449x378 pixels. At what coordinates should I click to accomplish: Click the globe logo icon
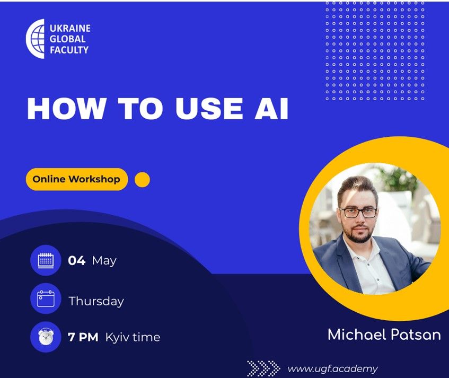coord(36,39)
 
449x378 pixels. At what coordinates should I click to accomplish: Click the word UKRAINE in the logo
coord(70,28)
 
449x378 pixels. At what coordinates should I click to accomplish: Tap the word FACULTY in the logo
coord(69,50)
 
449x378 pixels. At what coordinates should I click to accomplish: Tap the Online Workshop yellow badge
coord(77,179)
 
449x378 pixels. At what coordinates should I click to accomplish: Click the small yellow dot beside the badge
coord(142,180)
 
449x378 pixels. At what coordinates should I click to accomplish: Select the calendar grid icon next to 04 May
coord(46,260)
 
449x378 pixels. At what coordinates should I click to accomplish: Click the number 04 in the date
coord(77,261)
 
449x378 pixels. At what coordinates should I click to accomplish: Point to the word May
coord(104,261)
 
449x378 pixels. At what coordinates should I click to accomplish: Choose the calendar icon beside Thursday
coord(46,298)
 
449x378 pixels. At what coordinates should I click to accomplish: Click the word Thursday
coord(96,301)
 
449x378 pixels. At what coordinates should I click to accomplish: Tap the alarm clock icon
coord(46,337)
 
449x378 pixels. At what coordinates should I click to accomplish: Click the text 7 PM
coord(83,337)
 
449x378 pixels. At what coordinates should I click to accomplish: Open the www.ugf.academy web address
coord(333,369)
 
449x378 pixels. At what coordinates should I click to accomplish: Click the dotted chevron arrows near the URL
coord(263,368)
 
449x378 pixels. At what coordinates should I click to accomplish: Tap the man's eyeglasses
coord(358,213)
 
